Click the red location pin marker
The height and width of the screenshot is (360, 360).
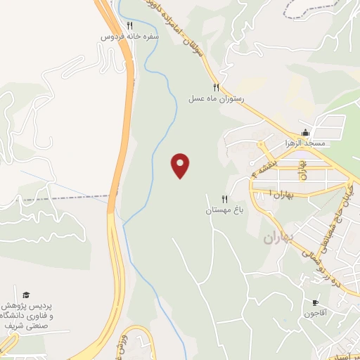[181, 165]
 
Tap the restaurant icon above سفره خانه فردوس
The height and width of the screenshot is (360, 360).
[129, 25]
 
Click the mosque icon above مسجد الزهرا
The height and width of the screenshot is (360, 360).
[305, 132]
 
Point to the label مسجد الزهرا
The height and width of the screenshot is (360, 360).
[304, 143]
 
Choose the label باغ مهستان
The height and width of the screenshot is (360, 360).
[223, 210]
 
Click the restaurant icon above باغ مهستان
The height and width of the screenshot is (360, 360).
[225, 199]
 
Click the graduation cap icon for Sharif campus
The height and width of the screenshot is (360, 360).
[26, 294]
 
